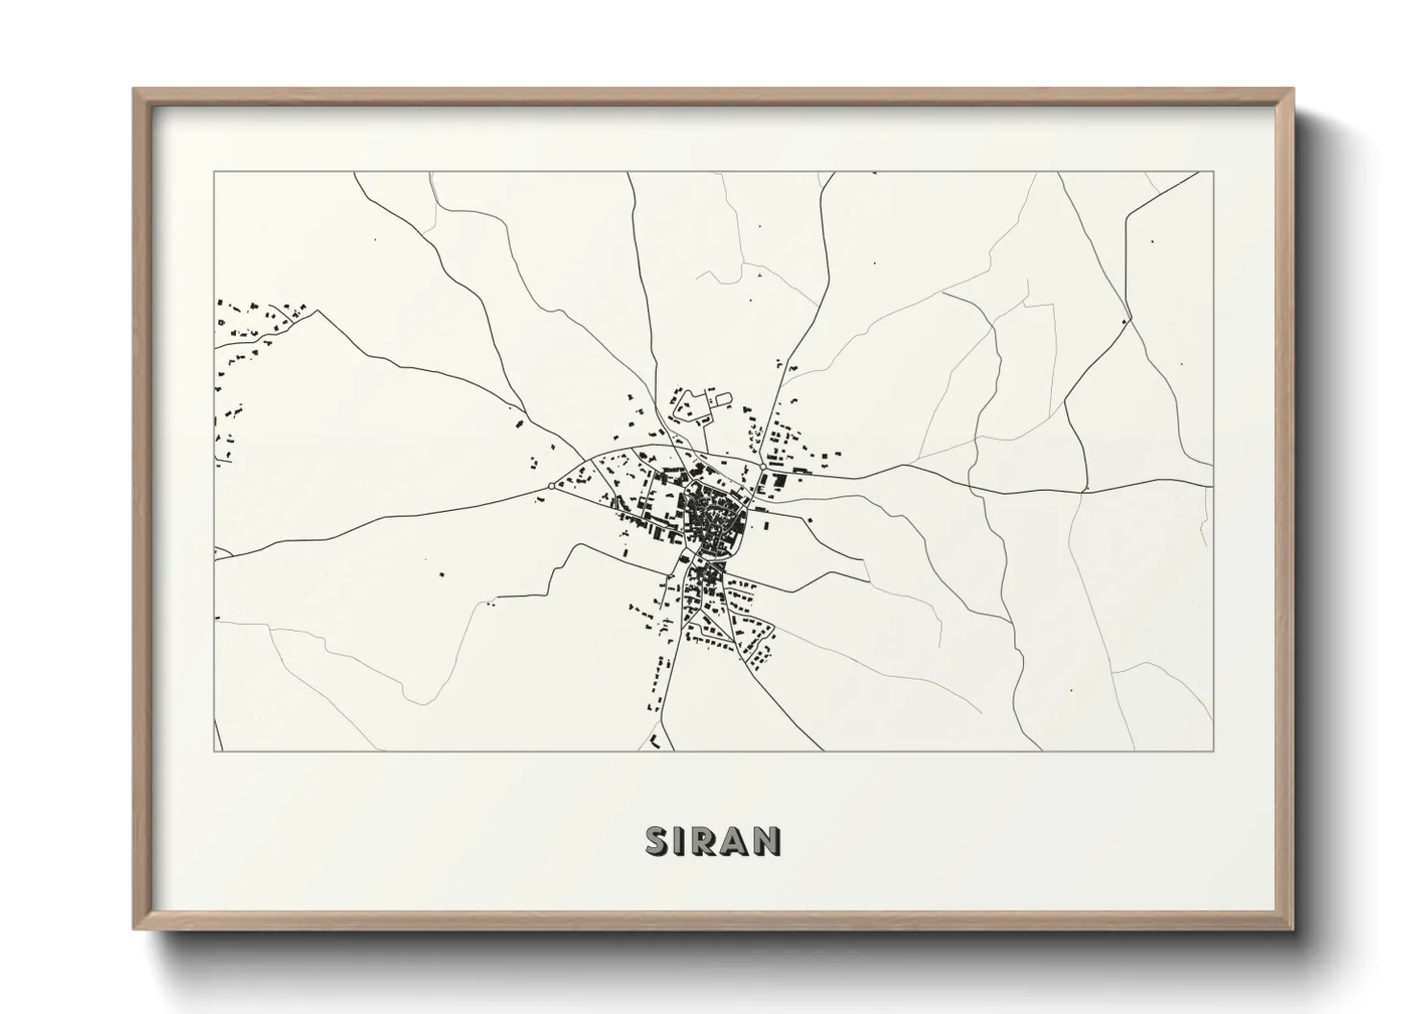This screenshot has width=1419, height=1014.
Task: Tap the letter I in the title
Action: click(x=683, y=840)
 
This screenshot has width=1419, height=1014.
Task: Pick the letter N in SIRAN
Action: click(x=768, y=840)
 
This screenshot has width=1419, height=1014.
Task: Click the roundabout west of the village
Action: click(x=549, y=487)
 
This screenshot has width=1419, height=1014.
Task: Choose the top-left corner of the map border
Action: click(x=214, y=173)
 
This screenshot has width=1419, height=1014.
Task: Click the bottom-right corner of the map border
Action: click(x=1213, y=751)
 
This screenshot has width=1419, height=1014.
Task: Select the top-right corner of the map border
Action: click(x=1213, y=173)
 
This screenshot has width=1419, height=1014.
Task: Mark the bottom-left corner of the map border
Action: click(x=214, y=751)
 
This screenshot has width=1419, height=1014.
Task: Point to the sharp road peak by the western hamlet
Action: click(x=313, y=311)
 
